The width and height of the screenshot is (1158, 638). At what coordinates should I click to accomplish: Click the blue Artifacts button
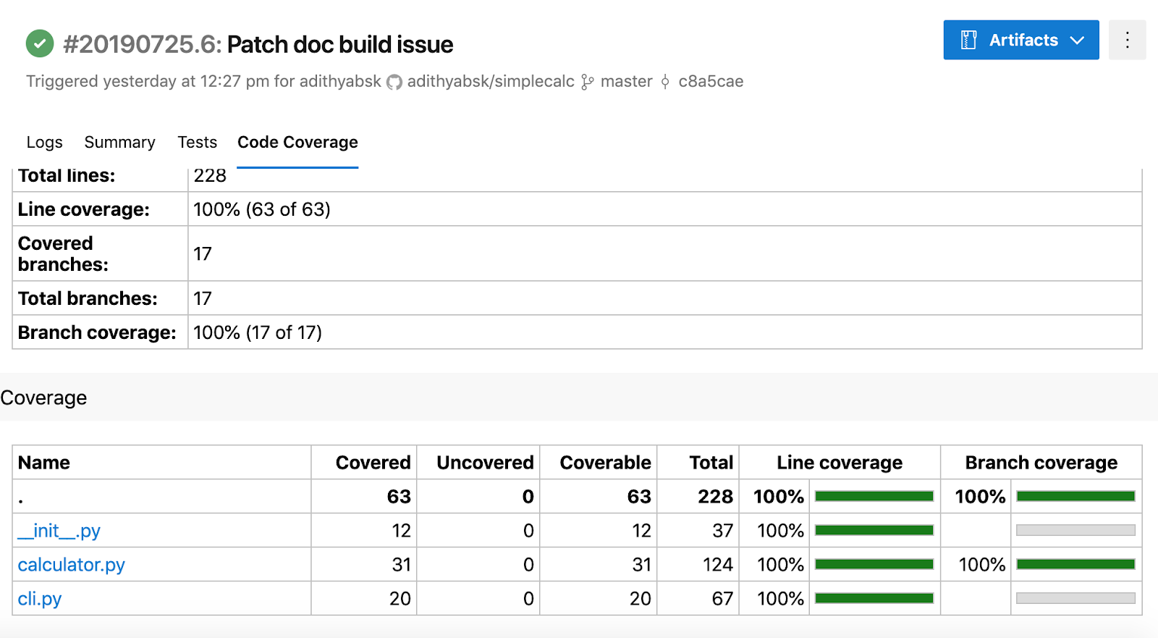pyautogui.click(x=1021, y=40)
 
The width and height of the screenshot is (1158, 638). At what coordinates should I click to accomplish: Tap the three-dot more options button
pyautogui.click(x=1128, y=40)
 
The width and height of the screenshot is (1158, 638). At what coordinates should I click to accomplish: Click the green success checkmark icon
pyautogui.click(x=40, y=43)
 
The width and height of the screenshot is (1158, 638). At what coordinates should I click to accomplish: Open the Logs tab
pyautogui.click(x=44, y=142)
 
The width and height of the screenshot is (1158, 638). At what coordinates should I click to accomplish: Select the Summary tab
pyautogui.click(x=119, y=142)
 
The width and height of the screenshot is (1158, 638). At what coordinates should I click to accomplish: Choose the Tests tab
pyautogui.click(x=197, y=142)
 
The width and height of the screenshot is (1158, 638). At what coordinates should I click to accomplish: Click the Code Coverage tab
pyautogui.click(x=297, y=142)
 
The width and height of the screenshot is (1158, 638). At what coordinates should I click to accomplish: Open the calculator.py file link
pyautogui.click(x=72, y=565)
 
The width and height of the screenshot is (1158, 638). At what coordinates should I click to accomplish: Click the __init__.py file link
pyautogui.click(x=59, y=531)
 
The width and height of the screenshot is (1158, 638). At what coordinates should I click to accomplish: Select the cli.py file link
pyautogui.click(x=40, y=599)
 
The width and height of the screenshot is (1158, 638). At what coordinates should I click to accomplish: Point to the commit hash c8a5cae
pyautogui.click(x=711, y=81)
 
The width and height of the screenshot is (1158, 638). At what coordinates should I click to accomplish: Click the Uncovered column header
pyautogui.click(x=485, y=463)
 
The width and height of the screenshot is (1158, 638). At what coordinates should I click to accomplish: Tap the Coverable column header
pyautogui.click(x=605, y=463)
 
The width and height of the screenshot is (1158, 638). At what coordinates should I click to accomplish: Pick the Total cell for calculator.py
pyautogui.click(x=717, y=565)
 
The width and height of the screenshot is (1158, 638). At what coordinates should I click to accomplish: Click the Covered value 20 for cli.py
pyautogui.click(x=400, y=599)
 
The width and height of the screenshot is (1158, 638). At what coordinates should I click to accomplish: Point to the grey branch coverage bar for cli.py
pyautogui.click(x=1075, y=599)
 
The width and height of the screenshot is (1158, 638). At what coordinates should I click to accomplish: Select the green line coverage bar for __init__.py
pyautogui.click(x=874, y=530)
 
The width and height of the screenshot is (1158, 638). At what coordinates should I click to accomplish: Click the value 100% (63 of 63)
pyautogui.click(x=261, y=209)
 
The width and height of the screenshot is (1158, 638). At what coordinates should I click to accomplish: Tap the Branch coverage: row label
pyautogui.click(x=97, y=332)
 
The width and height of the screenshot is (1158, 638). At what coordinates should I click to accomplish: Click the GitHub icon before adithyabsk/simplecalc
pyautogui.click(x=394, y=83)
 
